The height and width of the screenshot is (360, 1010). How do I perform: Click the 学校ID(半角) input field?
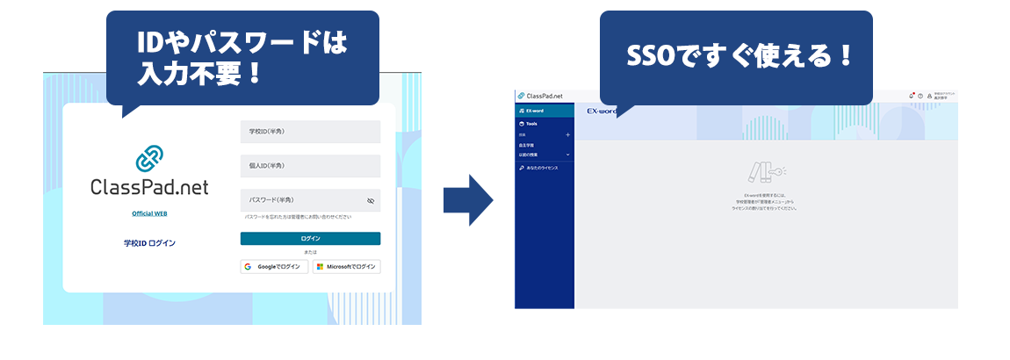pyautogui.click(x=310, y=132)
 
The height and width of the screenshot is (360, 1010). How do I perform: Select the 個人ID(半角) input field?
pyautogui.click(x=310, y=166)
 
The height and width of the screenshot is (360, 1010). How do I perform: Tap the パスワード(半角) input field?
pyautogui.click(x=303, y=200)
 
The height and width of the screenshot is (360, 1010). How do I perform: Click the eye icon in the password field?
pyautogui.click(x=371, y=201)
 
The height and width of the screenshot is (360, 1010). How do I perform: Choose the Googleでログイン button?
pyautogui.click(x=274, y=266)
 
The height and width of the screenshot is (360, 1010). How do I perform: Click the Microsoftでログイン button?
pyautogui.click(x=346, y=266)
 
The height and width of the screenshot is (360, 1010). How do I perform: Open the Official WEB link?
pyautogui.click(x=149, y=213)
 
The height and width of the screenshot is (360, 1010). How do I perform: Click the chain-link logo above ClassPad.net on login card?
pyautogui.click(x=149, y=159)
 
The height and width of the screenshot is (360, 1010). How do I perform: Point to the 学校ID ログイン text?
pyautogui.click(x=149, y=242)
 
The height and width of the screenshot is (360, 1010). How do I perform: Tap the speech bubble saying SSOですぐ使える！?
pyautogui.click(x=736, y=58)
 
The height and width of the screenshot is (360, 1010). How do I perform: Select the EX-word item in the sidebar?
pyautogui.click(x=536, y=111)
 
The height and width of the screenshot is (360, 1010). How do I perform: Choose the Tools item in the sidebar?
pyautogui.click(x=532, y=124)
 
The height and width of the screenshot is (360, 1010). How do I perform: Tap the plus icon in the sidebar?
pyautogui.click(x=567, y=135)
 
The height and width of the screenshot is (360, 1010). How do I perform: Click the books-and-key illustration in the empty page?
pyautogui.click(x=765, y=171)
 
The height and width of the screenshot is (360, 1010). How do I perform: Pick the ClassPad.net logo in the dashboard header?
pyautogui.click(x=541, y=95)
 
